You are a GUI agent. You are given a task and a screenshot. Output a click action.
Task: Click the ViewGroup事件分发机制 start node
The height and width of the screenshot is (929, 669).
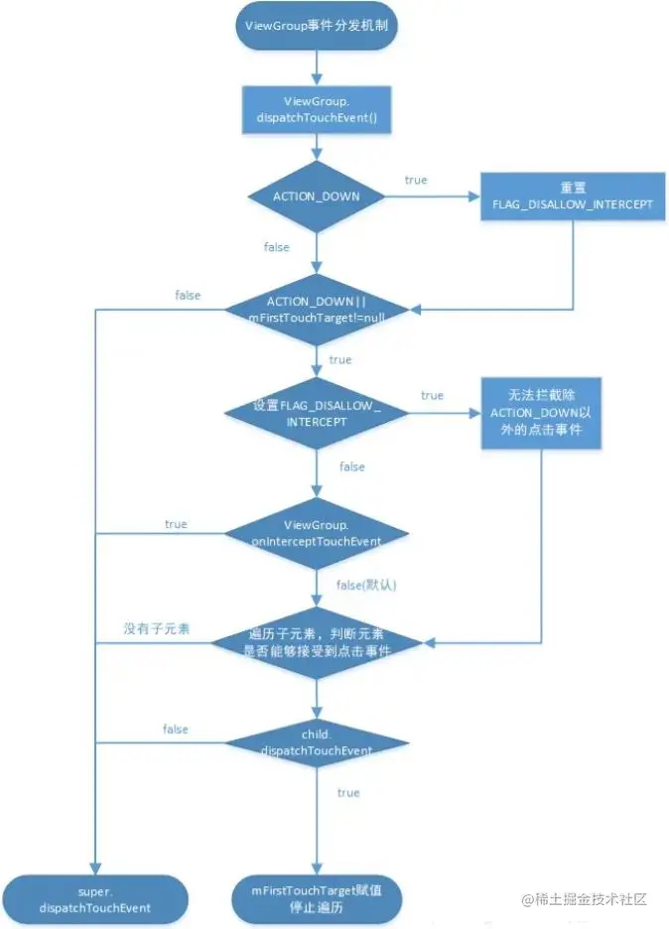click(316, 27)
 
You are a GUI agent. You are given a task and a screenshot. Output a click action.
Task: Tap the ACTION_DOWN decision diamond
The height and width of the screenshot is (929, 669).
click(317, 197)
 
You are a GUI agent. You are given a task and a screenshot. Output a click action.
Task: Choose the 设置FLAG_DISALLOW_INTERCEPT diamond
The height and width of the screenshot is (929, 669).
click(317, 413)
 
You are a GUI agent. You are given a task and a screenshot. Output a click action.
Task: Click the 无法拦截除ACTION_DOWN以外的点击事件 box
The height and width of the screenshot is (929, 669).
click(541, 413)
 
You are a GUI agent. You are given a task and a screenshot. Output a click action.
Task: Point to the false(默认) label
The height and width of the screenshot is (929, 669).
click(366, 586)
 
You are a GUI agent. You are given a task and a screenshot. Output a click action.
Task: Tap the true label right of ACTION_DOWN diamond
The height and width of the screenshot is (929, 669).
click(416, 180)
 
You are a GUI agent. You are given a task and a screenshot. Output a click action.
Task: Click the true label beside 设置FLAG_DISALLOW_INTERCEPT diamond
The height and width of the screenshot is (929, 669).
click(432, 395)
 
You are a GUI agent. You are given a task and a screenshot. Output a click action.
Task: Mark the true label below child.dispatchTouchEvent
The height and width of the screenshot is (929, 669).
click(348, 793)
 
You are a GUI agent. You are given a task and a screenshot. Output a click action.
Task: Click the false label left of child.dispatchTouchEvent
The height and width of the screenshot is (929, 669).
click(176, 730)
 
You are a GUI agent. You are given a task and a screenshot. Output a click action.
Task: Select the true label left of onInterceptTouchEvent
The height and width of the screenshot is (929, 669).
click(176, 523)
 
